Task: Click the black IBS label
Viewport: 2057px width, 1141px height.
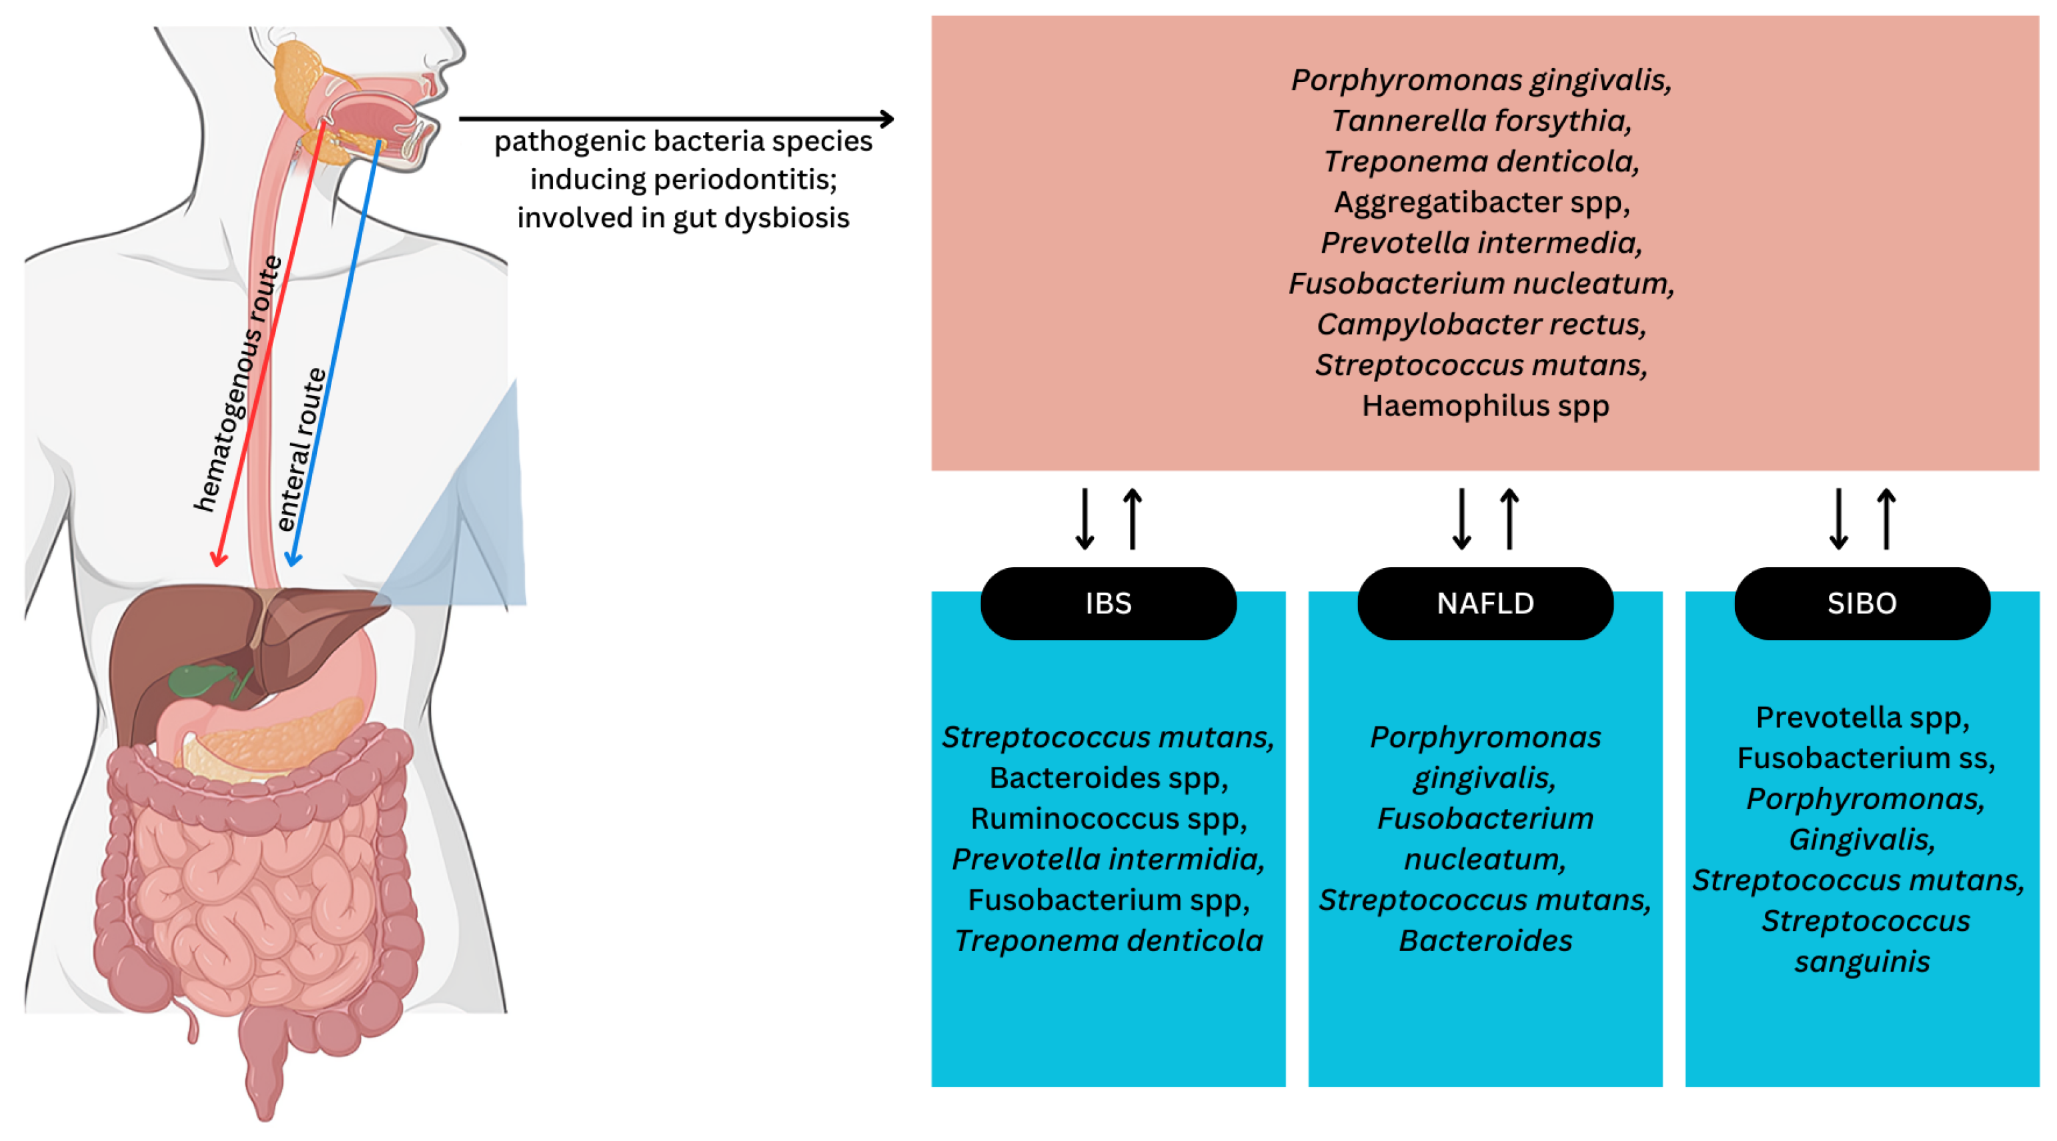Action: (1108, 603)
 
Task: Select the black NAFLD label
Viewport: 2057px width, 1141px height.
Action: (1485, 603)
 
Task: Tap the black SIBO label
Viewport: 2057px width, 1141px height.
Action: (1862, 603)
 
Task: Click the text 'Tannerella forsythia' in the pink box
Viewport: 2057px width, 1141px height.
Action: (1481, 121)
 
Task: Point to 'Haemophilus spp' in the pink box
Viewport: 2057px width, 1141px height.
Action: (1485, 405)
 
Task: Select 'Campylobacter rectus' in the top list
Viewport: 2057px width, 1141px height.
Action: (1481, 324)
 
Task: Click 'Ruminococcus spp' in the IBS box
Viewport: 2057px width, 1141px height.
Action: (1108, 818)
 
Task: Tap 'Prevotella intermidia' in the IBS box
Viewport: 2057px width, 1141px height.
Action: (1108, 859)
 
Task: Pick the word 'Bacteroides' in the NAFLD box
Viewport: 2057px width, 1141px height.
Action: (1485, 940)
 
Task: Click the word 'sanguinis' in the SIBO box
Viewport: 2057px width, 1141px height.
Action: (1862, 962)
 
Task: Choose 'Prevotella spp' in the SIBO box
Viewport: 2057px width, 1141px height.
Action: (1862, 717)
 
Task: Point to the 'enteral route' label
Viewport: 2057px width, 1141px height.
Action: (302, 449)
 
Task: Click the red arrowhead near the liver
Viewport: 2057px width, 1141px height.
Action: (218, 559)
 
